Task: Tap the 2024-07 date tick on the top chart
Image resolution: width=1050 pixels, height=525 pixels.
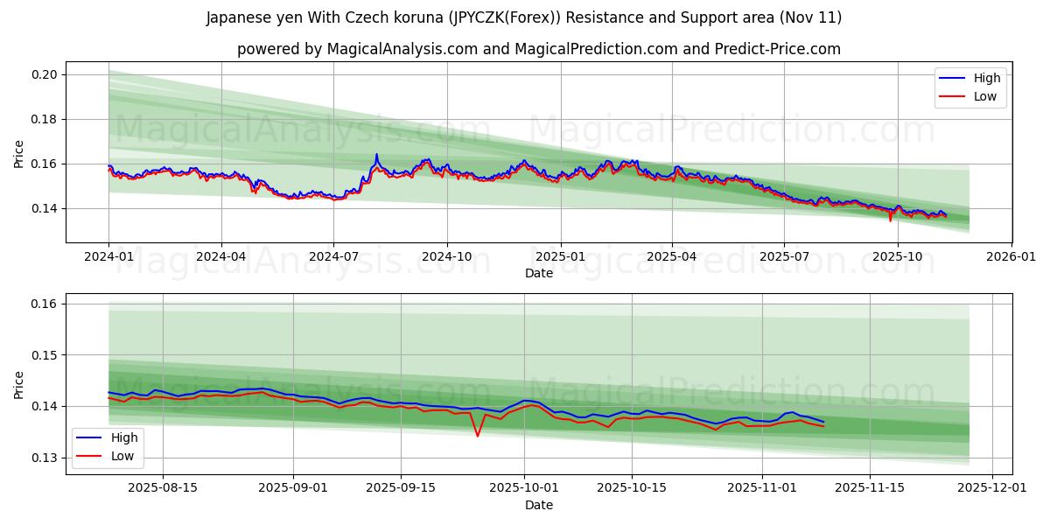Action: pyautogui.click(x=333, y=256)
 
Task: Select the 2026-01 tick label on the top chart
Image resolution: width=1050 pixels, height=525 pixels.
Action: pyautogui.click(x=1011, y=256)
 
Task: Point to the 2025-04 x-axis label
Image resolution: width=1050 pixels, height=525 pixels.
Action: pyautogui.click(x=672, y=256)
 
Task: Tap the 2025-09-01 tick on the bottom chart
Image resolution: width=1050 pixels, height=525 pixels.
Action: pyautogui.click(x=292, y=488)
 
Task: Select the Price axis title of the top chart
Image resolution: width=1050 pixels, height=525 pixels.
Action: pyautogui.click(x=19, y=153)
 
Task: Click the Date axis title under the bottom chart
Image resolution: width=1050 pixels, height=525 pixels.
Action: pyautogui.click(x=539, y=505)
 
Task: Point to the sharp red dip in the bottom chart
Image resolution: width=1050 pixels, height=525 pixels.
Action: pyautogui.click(x=478, y=436)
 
